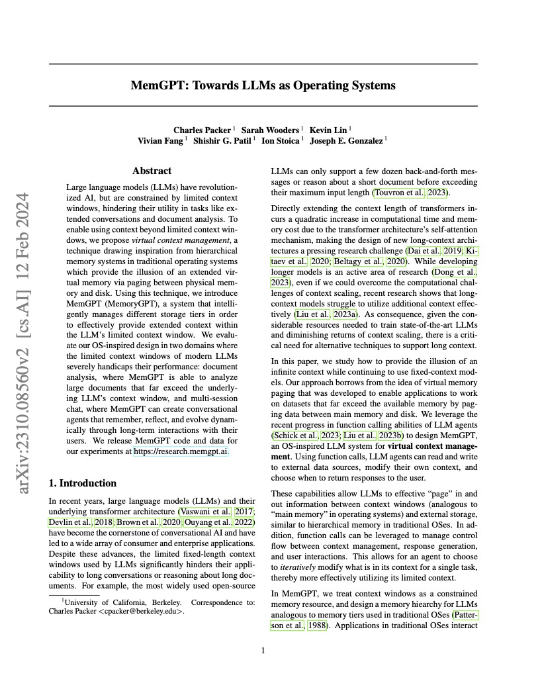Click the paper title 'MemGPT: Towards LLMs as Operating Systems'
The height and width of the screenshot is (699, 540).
(263, 85)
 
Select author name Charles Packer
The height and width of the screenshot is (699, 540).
(202, 130)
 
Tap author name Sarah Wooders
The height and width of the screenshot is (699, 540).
(270, 130)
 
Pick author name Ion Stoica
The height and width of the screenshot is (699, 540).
(281, 140)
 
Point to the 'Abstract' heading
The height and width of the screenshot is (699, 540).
(152, 171)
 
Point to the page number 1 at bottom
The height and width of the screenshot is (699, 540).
(263, 651)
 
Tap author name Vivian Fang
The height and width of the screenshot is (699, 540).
(161, 140)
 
